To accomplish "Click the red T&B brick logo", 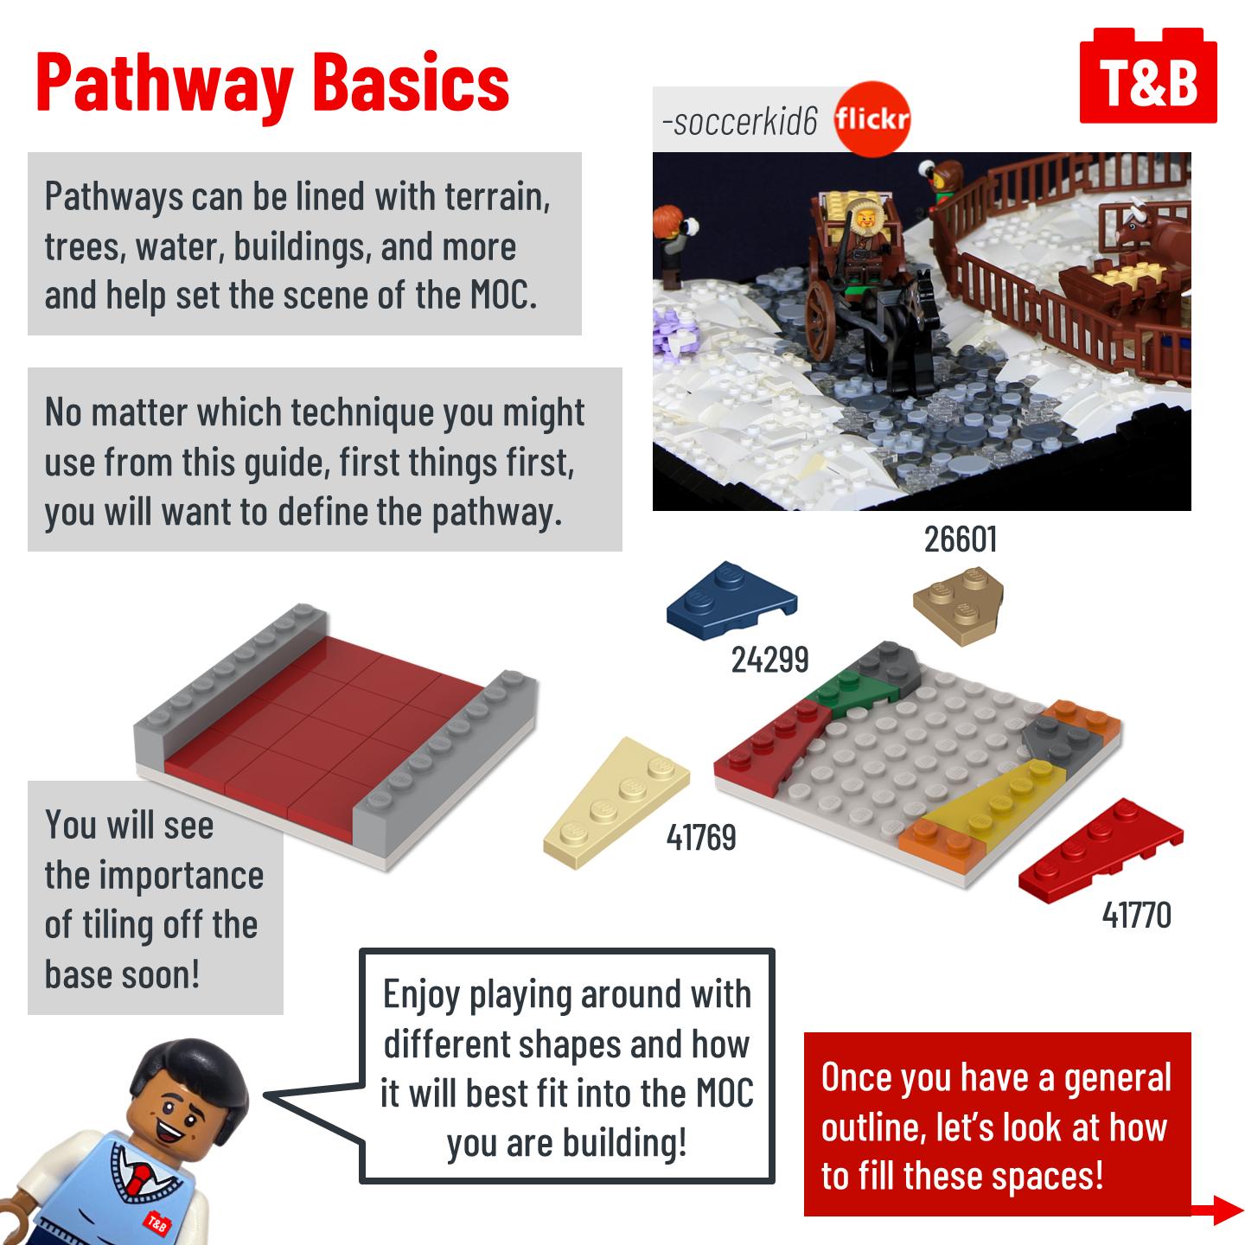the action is point(1148,76).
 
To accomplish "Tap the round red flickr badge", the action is point(872,118).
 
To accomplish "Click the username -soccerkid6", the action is point(740,121).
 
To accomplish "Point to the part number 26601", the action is point(960,539).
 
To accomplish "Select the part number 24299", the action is point(769,660).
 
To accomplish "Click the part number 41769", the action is point(701,837).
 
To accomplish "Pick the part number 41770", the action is point(1136,915).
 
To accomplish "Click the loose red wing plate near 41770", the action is point(1101,850).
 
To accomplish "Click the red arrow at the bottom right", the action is point(1217,1210).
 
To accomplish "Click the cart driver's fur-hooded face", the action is point(865,219).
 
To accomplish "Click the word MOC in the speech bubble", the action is point(725,1094).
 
